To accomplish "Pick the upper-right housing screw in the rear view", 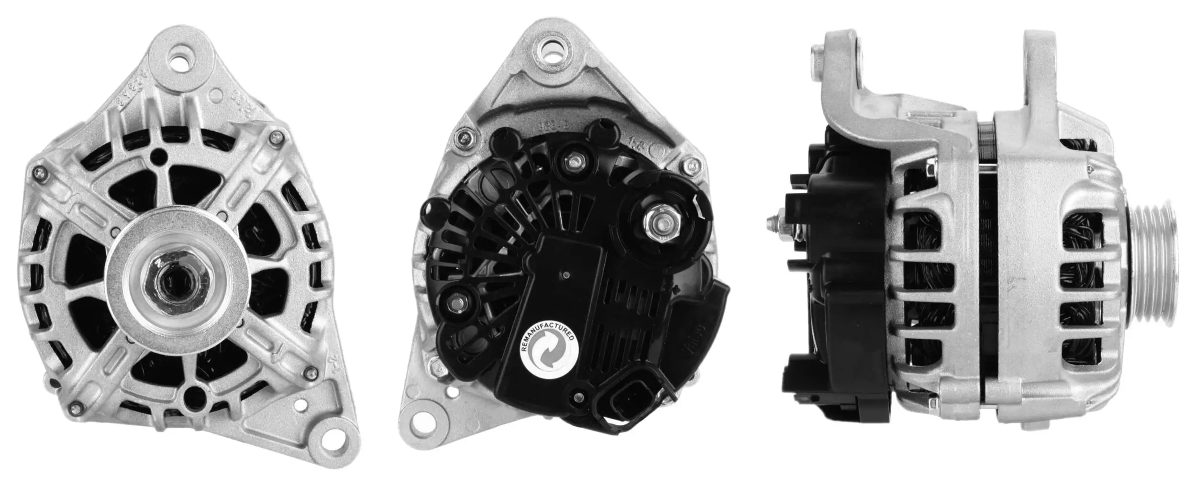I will [690, 166].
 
